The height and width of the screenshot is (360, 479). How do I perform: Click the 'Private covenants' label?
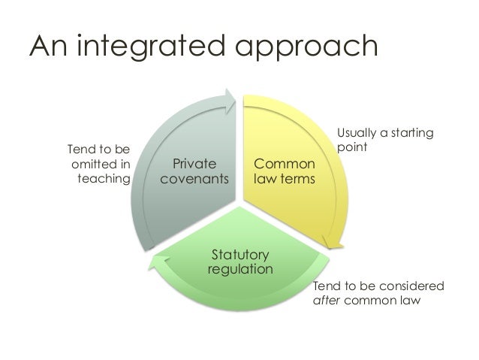(194, 171)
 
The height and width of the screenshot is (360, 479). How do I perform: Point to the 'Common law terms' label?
(285, 171)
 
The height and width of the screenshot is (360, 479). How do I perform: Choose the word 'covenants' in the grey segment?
(194, 179)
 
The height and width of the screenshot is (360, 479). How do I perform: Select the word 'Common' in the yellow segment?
(285, 164)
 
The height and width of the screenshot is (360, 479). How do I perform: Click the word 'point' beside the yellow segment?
(351, 147)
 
